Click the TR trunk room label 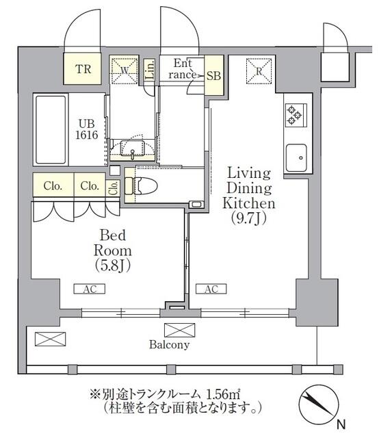point(83,69)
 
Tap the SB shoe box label point(213,75)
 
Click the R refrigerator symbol point(260,69)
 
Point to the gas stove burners point(294,114)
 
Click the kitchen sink point(297,159)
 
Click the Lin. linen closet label point(151,69)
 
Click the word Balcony point(169,345)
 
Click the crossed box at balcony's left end point(49,339)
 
